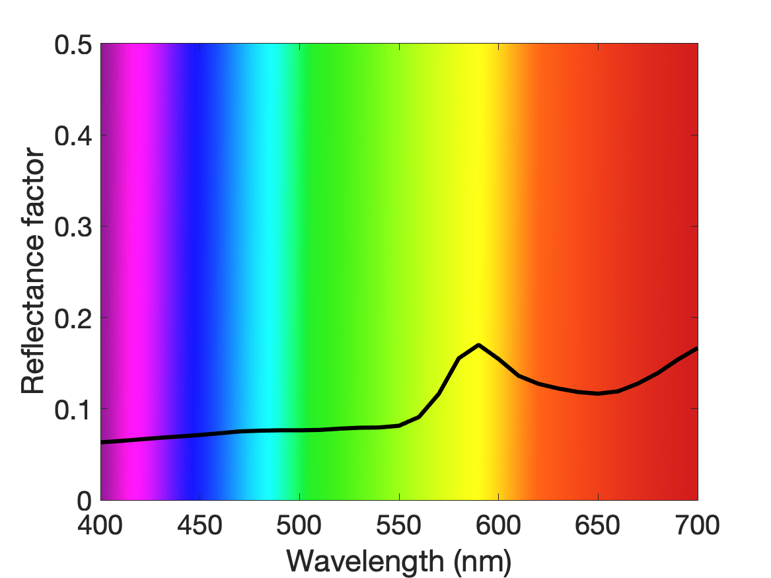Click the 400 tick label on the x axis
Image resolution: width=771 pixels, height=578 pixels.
[100, 525]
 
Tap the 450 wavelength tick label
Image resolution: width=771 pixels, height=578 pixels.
[200, 525]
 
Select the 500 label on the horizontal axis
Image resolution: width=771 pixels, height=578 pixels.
[299, 525]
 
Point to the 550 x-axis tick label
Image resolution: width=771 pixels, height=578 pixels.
[399, 525]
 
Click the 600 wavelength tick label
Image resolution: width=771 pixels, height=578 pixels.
[498, 525]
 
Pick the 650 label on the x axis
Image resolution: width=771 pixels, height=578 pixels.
[597, 525]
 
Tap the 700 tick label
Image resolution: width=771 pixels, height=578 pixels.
[697, 525]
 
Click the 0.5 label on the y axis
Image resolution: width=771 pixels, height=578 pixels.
[73, 45]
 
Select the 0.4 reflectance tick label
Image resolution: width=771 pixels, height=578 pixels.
[73, 136]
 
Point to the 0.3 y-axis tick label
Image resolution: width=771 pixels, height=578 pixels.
[73, 227]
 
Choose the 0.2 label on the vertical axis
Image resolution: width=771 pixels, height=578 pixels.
[73, 318]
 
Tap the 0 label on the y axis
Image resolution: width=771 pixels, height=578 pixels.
[85, 501]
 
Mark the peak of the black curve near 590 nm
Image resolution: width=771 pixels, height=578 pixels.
[478, 345]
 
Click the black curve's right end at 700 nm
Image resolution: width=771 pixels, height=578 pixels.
[696, 349]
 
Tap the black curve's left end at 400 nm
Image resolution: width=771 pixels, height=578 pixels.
[102, 443]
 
